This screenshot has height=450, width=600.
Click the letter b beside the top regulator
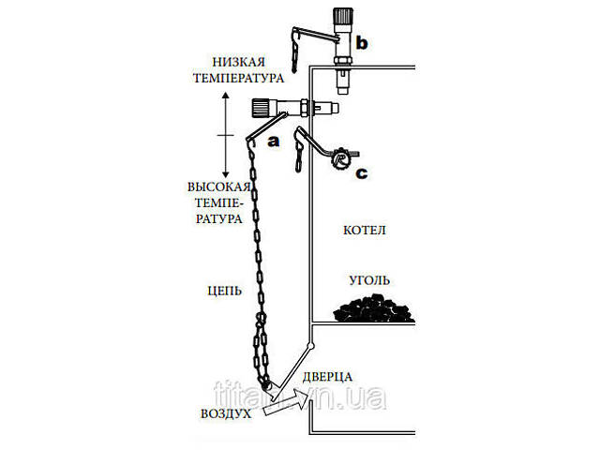pyautogui.click(x=363, y=43)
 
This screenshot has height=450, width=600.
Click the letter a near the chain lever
pyautogui.click(x=275, y=142)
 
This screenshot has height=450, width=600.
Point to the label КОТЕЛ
pyautogui.click(x=366, y=230)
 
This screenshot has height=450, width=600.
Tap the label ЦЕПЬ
pyautogui.click(x=224, y=291)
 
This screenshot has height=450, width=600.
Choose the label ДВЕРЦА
pyautogui.click(x=327, y=376)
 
